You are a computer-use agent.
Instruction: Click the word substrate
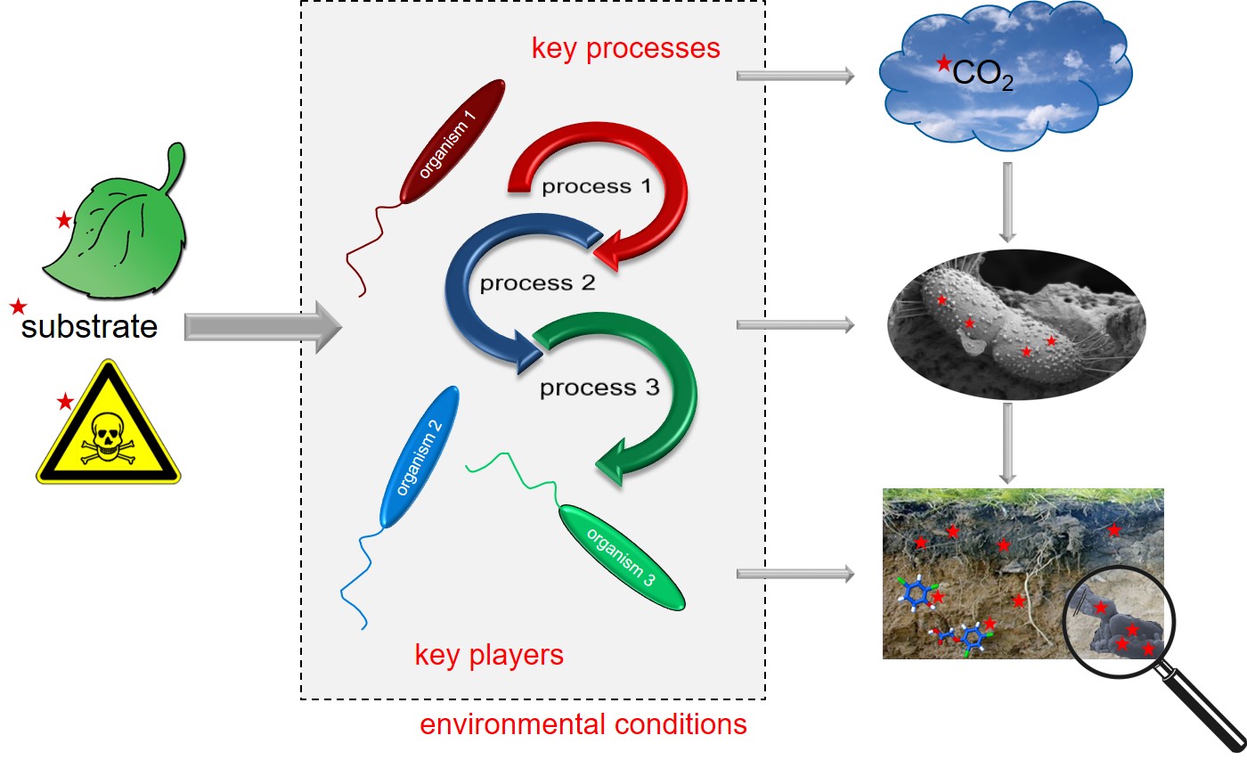89,327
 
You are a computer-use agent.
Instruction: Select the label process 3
599,388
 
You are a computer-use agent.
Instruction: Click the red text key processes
625,48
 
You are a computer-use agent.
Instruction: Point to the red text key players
489,655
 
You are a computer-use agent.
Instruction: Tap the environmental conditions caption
583,724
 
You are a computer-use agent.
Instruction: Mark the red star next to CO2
943,63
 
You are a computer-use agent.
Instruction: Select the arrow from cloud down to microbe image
1007,202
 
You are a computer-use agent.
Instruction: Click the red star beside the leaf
63,220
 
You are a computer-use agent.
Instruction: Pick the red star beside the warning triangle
64,402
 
